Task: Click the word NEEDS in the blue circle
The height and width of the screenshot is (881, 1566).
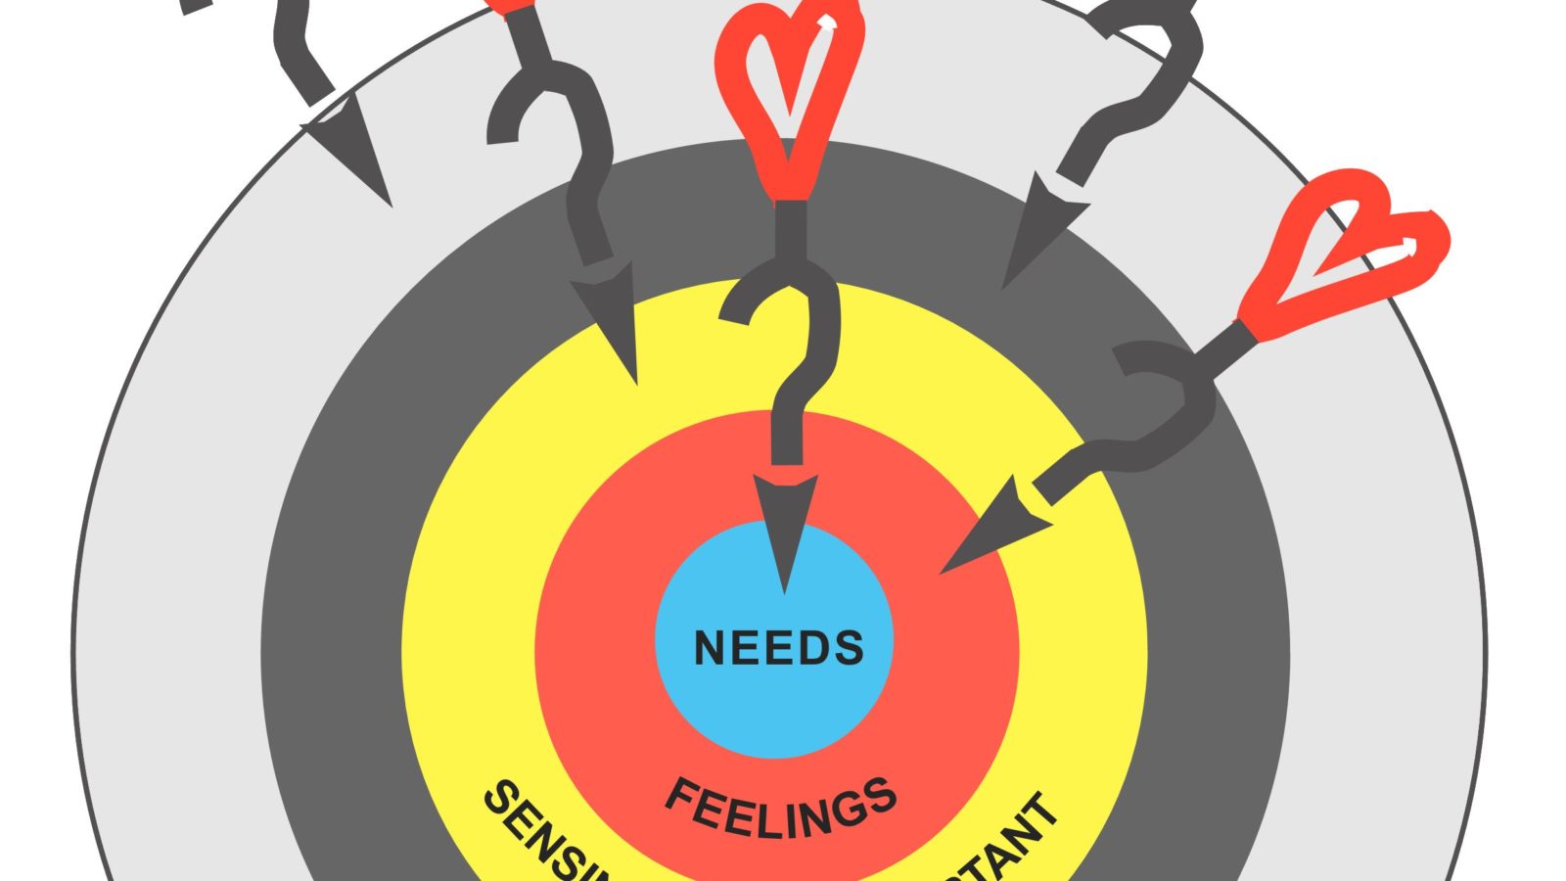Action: coord(778,648)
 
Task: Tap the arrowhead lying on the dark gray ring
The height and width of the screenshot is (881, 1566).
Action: coord(1037,235)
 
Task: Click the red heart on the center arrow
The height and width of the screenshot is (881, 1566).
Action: coord(789,88)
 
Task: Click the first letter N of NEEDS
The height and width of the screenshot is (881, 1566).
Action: coord(710,648)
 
